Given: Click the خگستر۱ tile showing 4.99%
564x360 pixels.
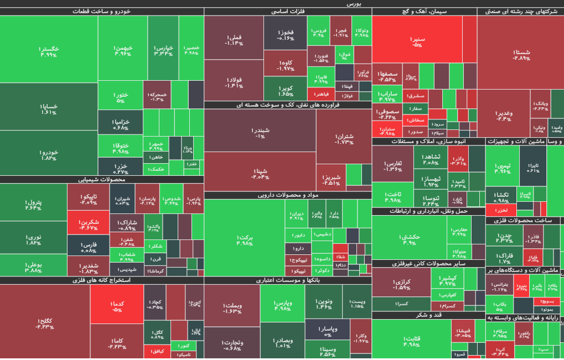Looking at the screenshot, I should tap(49, 50).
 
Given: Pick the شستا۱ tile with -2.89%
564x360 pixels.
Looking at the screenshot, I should tap(521, 53).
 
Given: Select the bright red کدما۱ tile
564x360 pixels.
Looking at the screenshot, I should tap(117, 305).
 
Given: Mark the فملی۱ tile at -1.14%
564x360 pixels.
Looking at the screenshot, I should tap(233, 39).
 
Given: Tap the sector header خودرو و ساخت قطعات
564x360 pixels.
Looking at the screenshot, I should tap(102, 12).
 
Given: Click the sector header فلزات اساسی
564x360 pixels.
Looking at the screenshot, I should tap(288, 12).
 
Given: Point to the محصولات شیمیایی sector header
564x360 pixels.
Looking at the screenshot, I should tap(102, 179).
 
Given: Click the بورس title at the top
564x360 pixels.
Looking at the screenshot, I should tap(354, 3).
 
